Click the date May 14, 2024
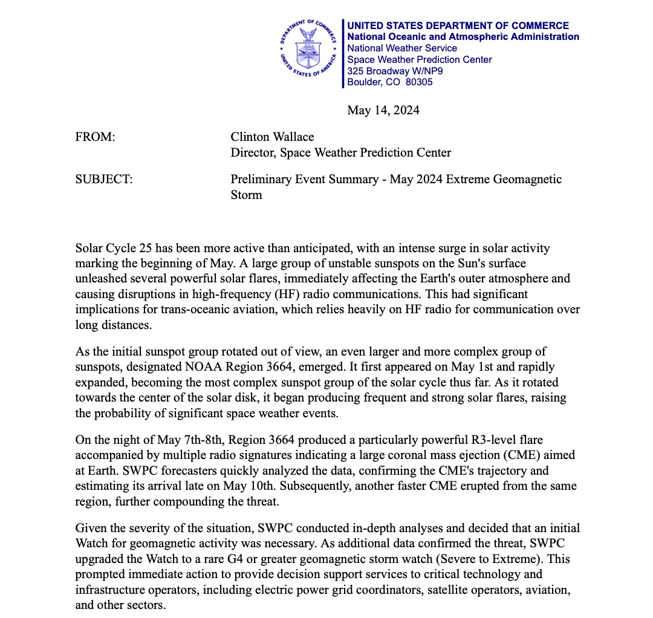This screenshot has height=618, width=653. coord(383,110)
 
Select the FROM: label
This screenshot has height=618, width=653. coord(95,137)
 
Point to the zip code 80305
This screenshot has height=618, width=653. coord(420,82)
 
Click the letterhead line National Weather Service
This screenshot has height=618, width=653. coord(402,48)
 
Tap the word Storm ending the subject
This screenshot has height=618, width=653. coord(246,195)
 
